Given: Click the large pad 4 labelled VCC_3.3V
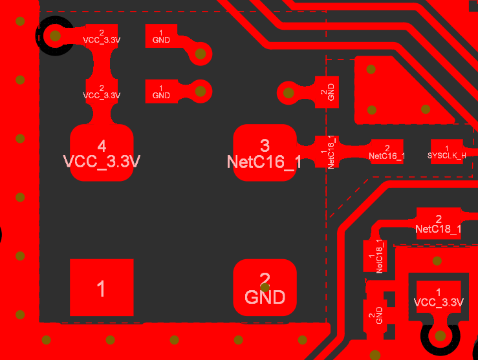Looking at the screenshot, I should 102,153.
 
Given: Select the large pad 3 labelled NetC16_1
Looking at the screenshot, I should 264,153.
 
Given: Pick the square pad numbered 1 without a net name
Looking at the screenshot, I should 102,289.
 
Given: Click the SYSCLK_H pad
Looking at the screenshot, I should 447,151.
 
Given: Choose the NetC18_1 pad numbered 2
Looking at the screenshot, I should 439,224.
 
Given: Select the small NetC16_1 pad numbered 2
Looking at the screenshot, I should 387,151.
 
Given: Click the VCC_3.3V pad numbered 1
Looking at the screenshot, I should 439,297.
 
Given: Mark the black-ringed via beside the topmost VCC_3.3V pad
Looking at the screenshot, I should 55,36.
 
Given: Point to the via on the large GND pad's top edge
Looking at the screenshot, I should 264,268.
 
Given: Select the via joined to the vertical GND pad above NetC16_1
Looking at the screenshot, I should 287,92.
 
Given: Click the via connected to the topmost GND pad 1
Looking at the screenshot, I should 201,54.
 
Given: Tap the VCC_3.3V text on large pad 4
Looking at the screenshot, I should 102,161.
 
